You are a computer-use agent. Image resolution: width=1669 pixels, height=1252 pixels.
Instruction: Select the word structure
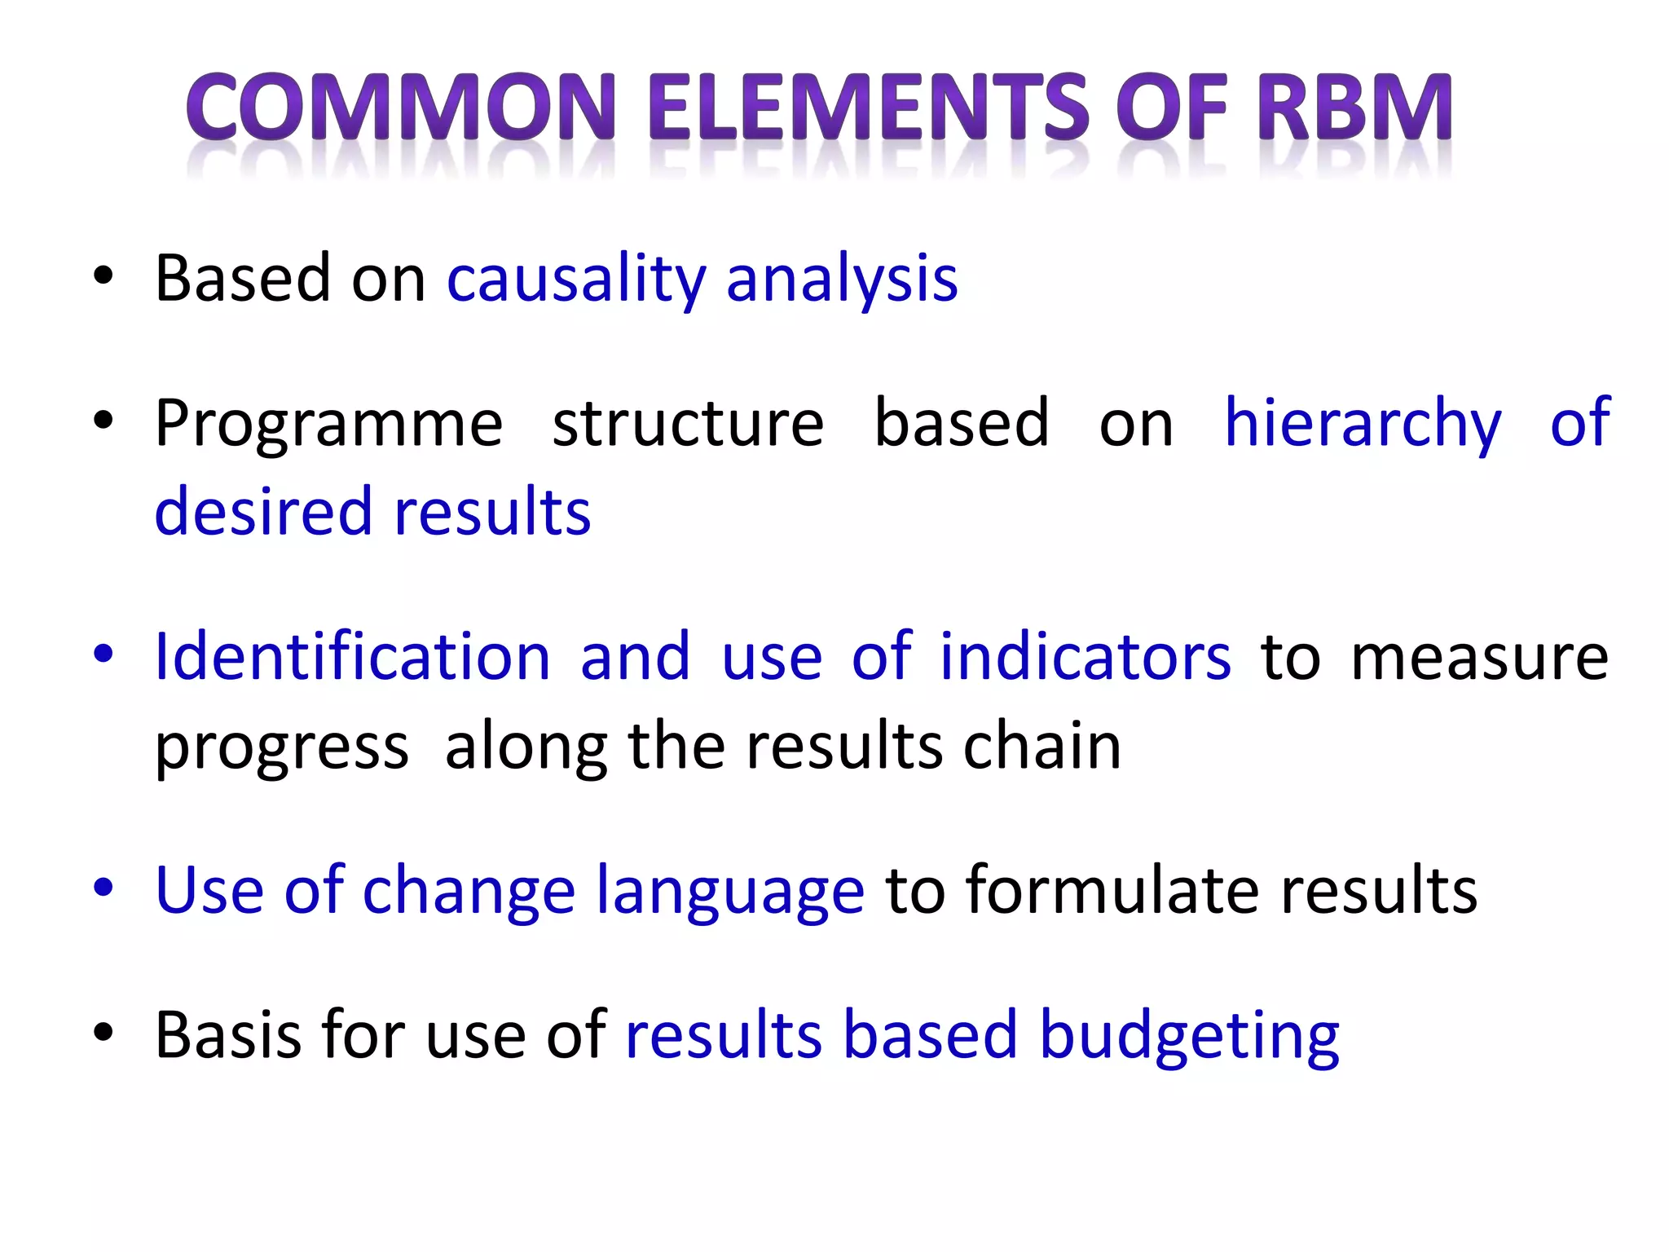click(x=688, y=425)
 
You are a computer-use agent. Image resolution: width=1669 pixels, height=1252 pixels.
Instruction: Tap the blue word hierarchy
click(x=1363, y=425)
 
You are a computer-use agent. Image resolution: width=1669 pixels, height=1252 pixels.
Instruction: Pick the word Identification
click(x=353, y=657)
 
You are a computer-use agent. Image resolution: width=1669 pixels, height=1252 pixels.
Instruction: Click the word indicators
click(x=1085, y=657)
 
